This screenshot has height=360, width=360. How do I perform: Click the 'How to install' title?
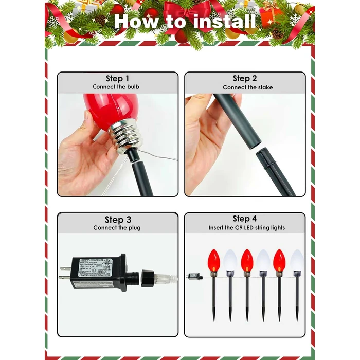tap(185, 22)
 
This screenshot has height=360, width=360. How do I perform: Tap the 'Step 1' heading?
tap(117, 78)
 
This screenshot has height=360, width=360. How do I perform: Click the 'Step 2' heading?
tap(244, 78)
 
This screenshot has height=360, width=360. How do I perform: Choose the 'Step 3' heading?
tap(118, 220)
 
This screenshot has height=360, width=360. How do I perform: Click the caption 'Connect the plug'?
tap(117, 228)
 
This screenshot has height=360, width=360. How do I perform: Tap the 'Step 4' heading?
tap(244, 219)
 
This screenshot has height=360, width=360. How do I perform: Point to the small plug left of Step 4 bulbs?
tap(196, 276)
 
